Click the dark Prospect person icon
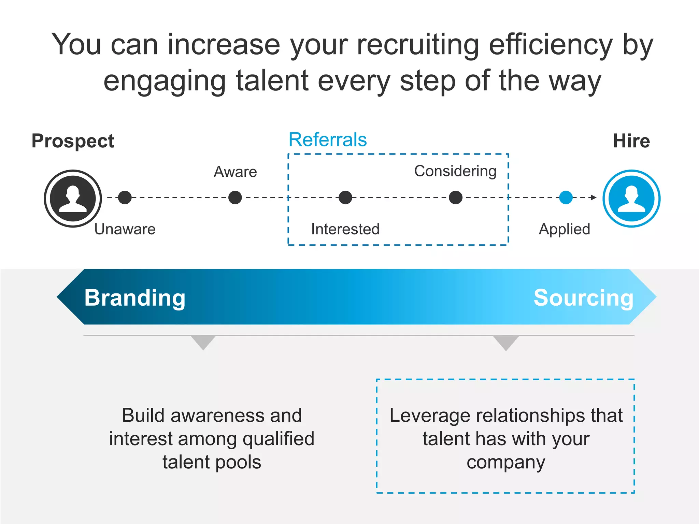coord(73,198)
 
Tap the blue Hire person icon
coord(631,198)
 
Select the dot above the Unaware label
coord(125,197)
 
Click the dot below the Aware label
coord(235,197)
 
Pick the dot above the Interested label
coord(345,197)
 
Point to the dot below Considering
coord(456,197)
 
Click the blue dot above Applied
coord(566,197)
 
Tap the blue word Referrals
coord(328,140)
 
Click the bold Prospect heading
coord(73,141)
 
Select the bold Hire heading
coord(631,141)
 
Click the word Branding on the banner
coord(135,298)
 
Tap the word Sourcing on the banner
coord(584,298)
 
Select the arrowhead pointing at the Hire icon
coord(594,197)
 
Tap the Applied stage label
coord(565,229)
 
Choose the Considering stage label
coord(455,171)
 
